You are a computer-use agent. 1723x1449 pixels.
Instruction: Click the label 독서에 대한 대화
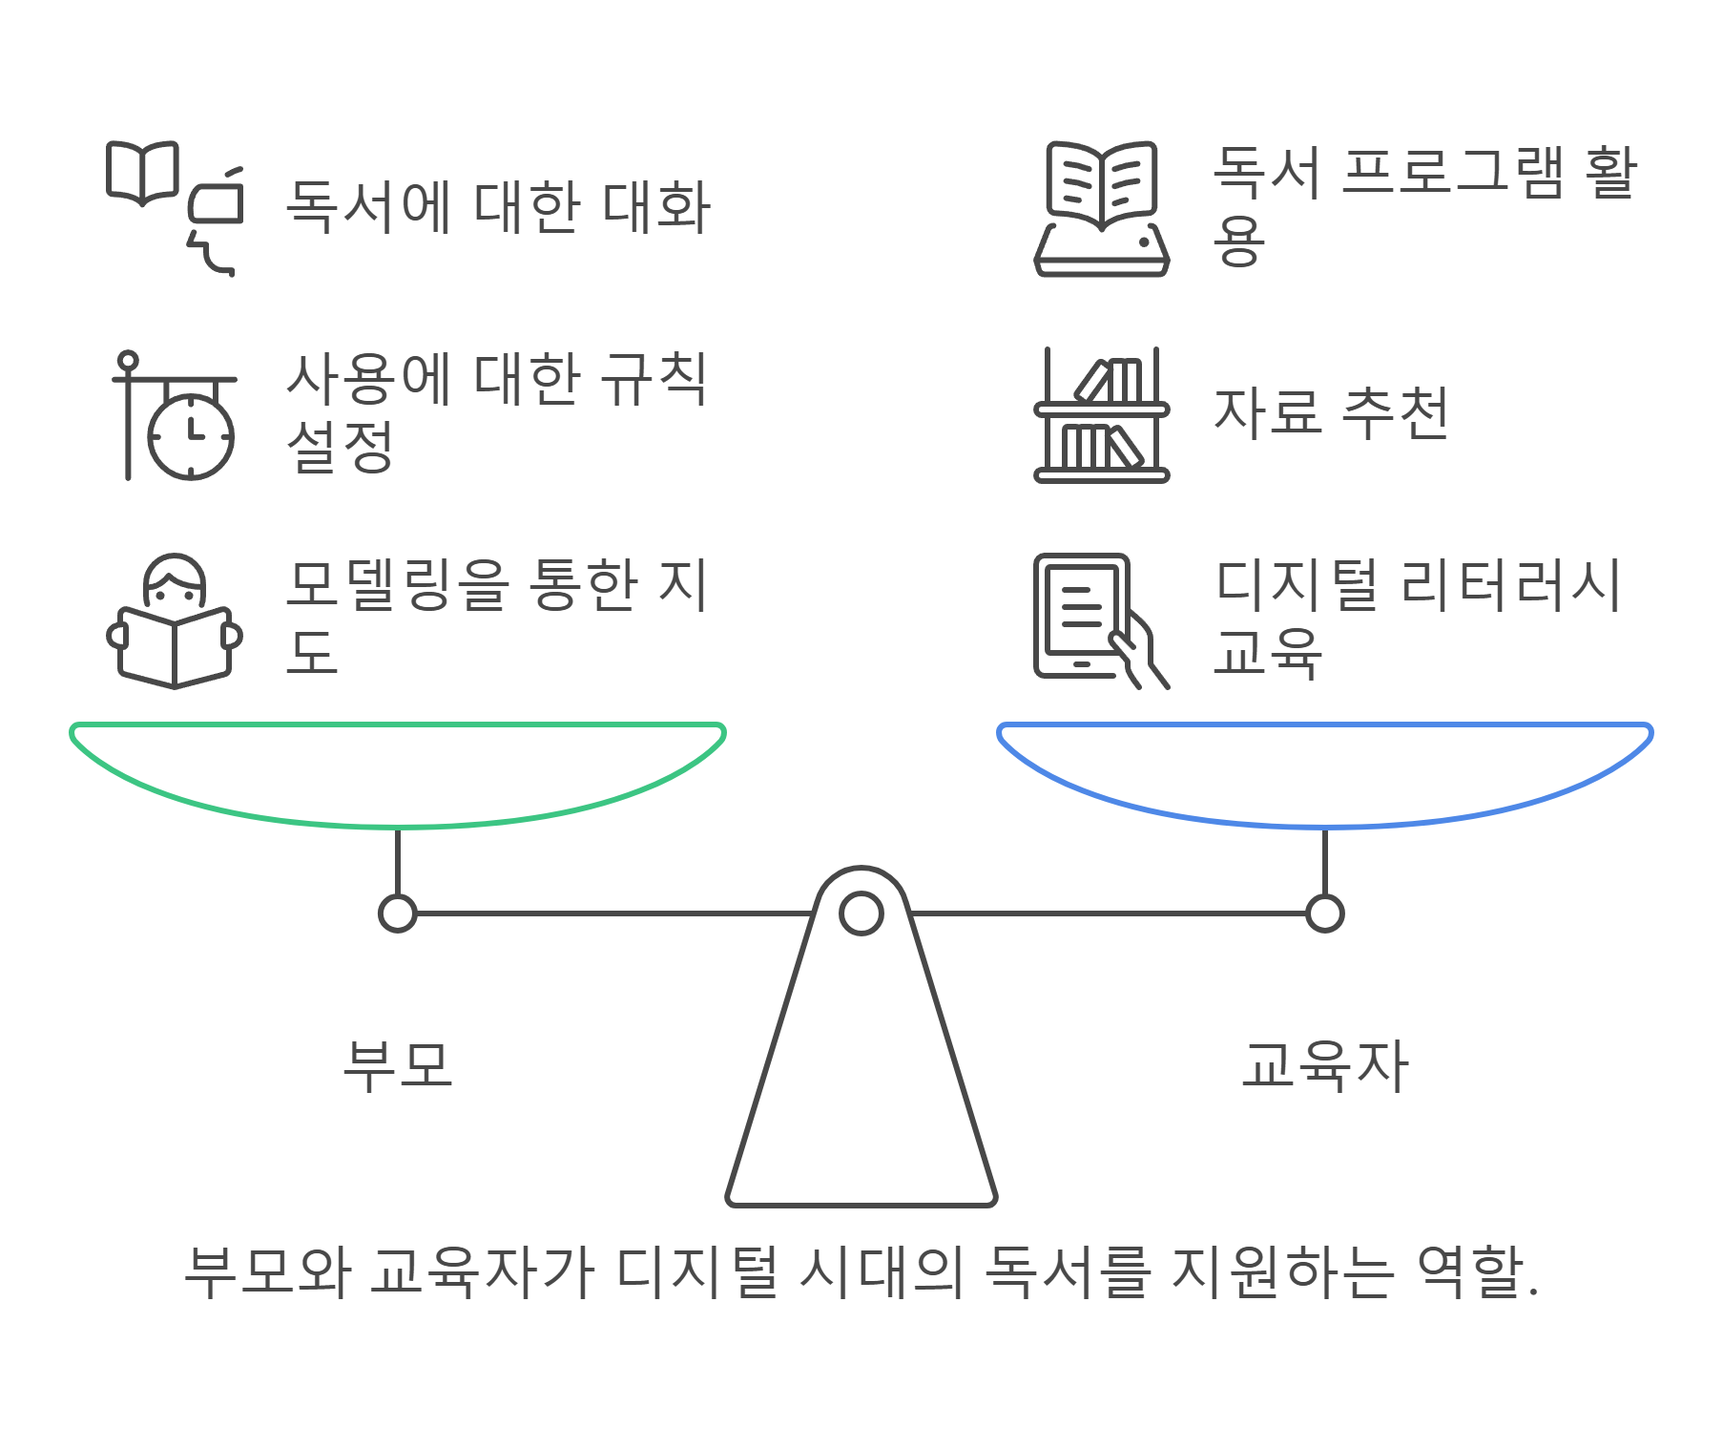(x=498, y=207)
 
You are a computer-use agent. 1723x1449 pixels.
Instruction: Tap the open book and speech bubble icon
(x=174, y=207)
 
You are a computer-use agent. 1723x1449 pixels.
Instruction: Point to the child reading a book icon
(x=174, y=621)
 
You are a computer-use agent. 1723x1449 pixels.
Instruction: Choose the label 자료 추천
(x=1331, y=414)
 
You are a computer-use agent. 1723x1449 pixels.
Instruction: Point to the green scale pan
(x=398, y=773)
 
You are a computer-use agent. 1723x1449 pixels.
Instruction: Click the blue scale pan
(x=1324, y=773)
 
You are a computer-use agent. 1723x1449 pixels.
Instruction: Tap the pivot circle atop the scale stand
(x=861, y=913)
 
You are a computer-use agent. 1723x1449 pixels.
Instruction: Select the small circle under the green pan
(x=398, y=913)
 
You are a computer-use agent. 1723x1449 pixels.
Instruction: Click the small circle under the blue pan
(x=1324, y=913)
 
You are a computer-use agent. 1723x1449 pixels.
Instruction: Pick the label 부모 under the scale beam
(x=398, y=1065)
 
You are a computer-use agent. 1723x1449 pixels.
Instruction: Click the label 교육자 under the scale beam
(x=1324, y=1065)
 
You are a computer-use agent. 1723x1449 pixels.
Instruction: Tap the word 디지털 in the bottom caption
(x=696, y=1271)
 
